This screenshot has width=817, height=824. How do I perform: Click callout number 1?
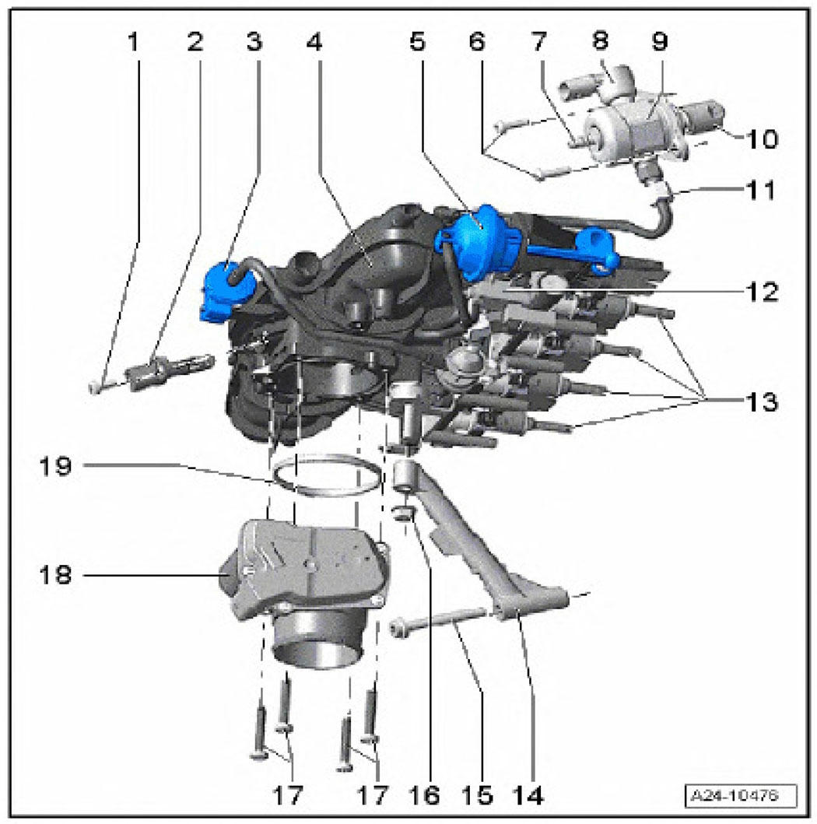(x=134, y=41)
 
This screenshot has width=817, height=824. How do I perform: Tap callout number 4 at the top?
(x=314, y=41)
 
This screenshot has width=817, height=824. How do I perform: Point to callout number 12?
(x=763, y=293)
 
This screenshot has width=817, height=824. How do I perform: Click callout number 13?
(x=763, y=402)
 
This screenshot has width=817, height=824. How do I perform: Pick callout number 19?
(x=56, y=465)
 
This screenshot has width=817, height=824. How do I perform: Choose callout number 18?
(x=56, y=575)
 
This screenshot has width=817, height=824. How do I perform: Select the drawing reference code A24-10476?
(x=741, y=795)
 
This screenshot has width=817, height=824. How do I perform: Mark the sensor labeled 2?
(x=169, y=371)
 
